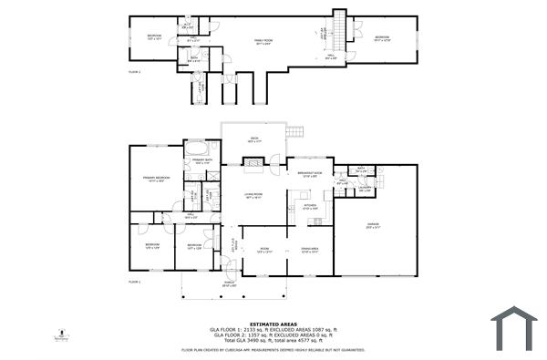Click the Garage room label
click(373, 224)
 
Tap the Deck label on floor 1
click(254, 140)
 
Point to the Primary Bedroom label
click(156, 179)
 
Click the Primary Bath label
click(201, 161)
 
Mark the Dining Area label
click(308, 252)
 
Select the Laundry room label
click(364, 190)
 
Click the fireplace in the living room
click(255, 165)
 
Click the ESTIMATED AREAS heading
click(273, 323)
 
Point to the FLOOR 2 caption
click(134, 70)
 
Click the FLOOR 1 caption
click(134, 283)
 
